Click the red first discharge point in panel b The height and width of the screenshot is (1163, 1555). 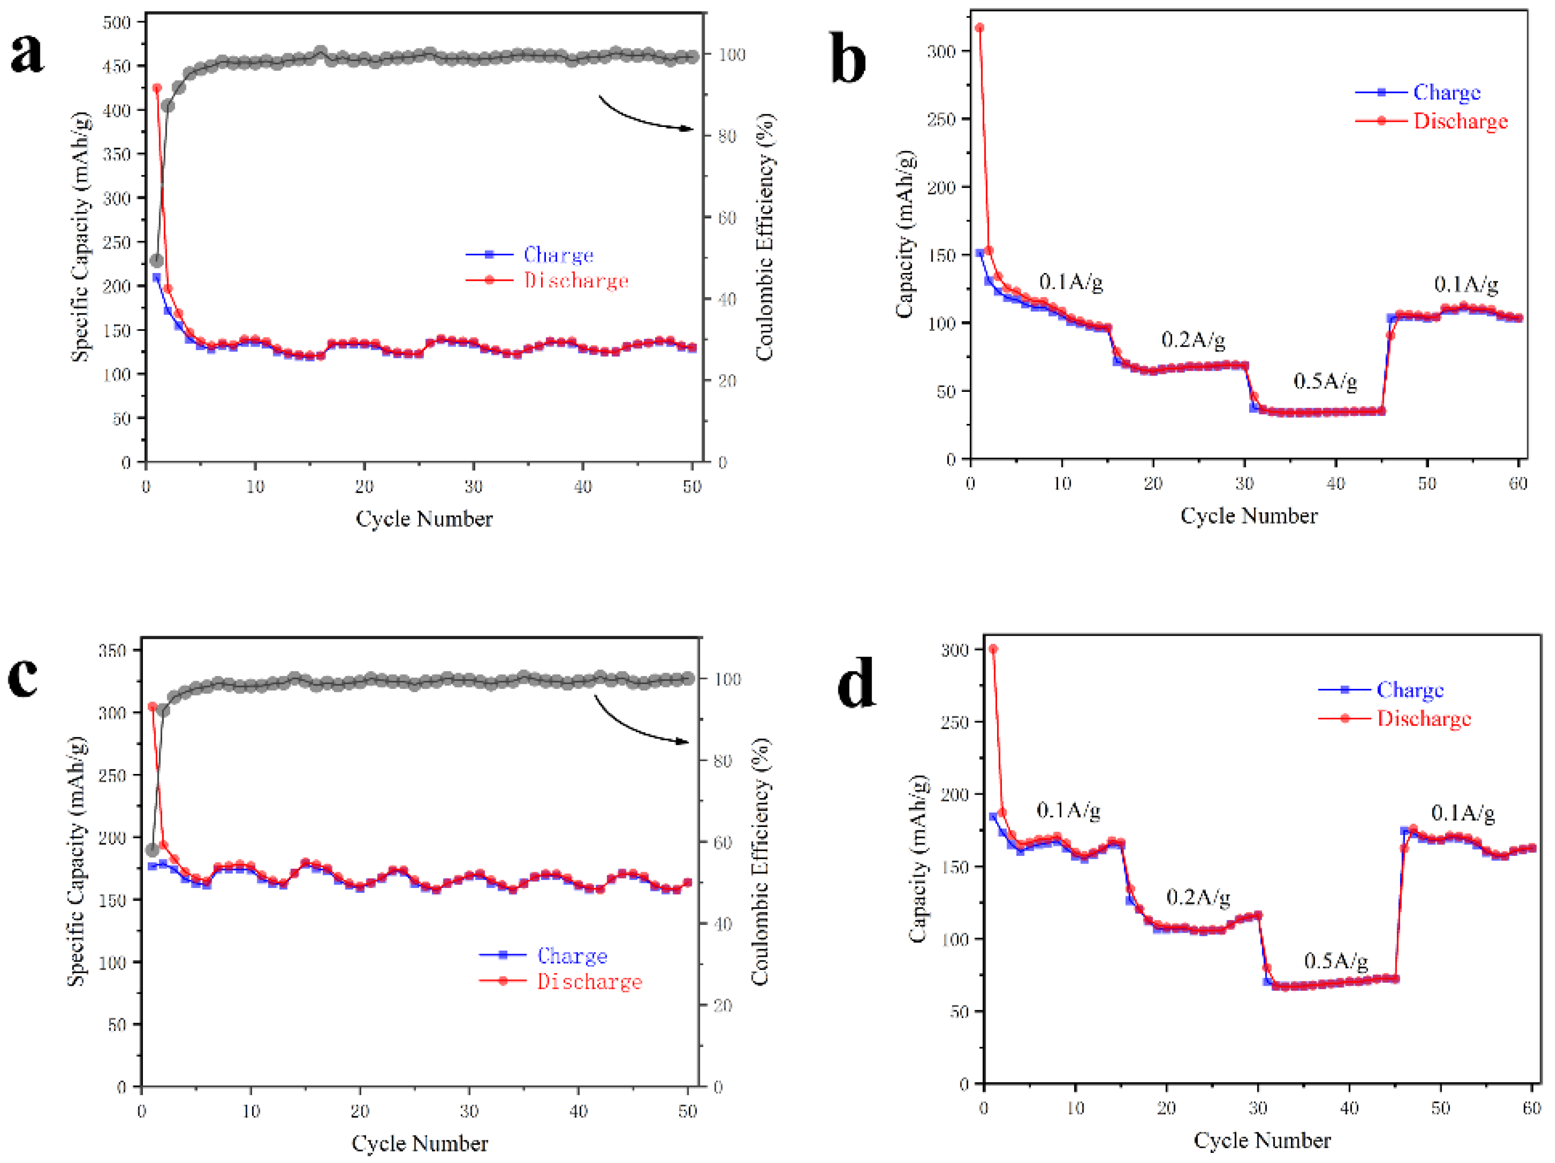(x=979, y=28)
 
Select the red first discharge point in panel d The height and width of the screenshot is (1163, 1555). (x=993, y=649)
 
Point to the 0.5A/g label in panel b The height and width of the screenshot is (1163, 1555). (x=1325, y=382)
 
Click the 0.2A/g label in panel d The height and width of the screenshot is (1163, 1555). (x=1198, y=898)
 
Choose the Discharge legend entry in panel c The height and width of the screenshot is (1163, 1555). (x=589, y=982)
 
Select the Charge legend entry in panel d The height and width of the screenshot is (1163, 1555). (x=1409, y=690)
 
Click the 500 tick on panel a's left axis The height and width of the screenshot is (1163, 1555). (x=117, y=23)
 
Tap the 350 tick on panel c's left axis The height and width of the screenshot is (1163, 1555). (x=113, y=650)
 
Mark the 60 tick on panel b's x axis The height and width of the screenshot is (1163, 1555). (x=1518, y=484)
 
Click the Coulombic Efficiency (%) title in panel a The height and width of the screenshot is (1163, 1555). (x=765, y=237)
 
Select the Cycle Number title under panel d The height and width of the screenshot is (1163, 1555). (x=1262, y=1140)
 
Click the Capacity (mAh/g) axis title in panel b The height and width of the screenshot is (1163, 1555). (x=906, y=234)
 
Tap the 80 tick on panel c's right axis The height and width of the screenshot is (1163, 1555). (x=722, y=761)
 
